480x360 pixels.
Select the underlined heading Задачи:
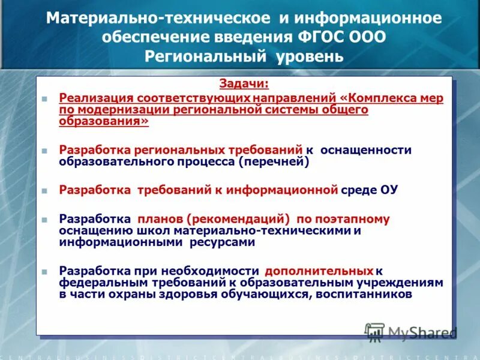(244, 85)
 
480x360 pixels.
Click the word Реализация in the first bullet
(95, 98)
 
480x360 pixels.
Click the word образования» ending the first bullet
(103, 121)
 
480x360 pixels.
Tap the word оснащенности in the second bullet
(366, 150)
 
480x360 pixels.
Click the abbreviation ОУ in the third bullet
(389, 190)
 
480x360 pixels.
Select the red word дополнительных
(319, 271)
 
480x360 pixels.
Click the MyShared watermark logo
(412, 332)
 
